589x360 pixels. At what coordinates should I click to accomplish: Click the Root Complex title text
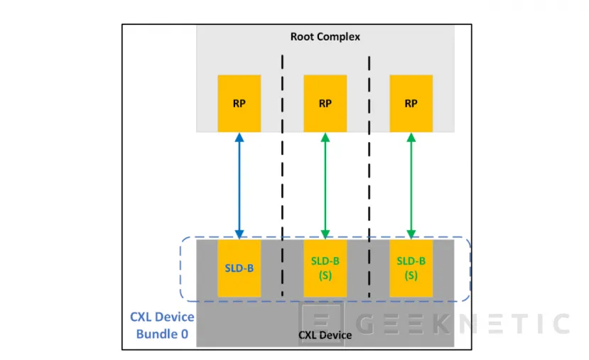(325, 36)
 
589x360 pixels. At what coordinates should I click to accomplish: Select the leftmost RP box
(239, 102)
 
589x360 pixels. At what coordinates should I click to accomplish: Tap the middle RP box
(325, 102)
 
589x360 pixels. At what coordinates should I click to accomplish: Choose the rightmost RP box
(411, 102)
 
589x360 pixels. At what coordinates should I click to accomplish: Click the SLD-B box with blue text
(239, 268)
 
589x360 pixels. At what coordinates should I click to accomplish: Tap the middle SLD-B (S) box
(325, 268)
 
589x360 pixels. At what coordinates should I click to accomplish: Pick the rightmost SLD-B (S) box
(411, 268)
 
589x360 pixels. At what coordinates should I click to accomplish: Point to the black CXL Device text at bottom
(325, 335)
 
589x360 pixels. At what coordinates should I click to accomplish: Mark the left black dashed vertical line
(282, 178)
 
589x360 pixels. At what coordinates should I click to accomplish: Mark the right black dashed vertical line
(369, 178)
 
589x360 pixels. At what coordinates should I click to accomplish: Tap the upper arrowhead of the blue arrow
(239, 136)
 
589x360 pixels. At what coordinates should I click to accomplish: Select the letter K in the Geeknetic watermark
(441, 324)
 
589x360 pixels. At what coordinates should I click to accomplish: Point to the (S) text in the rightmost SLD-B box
(411, 275)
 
